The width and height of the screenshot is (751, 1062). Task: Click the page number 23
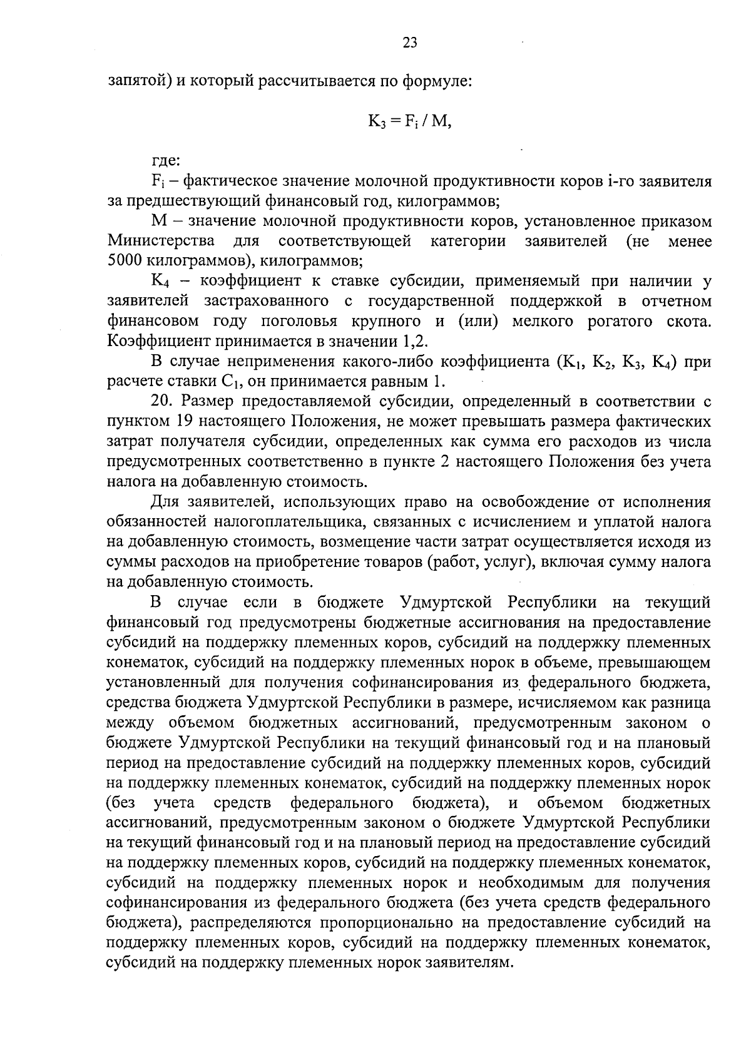pyautogui.click(x=410, y=43)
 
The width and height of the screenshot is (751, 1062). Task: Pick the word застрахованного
pyautogui.click(x=266, y=301)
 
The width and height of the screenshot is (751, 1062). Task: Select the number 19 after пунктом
pyautogui.click(x=185, y=422)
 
